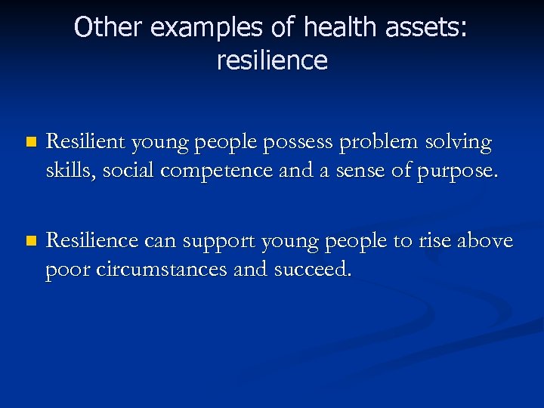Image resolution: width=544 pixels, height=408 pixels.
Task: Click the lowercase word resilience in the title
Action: [272, 60]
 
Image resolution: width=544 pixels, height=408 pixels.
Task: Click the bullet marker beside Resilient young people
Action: [29, 143]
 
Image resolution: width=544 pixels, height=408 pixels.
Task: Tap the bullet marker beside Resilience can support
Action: [29, 242]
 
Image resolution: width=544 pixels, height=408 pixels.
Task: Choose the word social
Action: [125, 172]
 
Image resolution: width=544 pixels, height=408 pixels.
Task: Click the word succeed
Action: [317, 270]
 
